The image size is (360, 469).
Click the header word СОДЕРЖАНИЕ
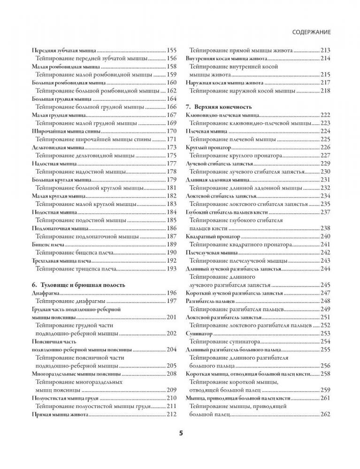pyautogui.click(x=312, y=32)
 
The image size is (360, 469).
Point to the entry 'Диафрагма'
pyautogui.click(x=45, y=293)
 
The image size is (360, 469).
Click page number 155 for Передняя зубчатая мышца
pyautogui.click(x=172, y=50)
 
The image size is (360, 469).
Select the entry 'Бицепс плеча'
pyautogui.click(x=47, y=244)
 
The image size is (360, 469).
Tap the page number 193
pyautogui.click(x=172, y=269)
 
